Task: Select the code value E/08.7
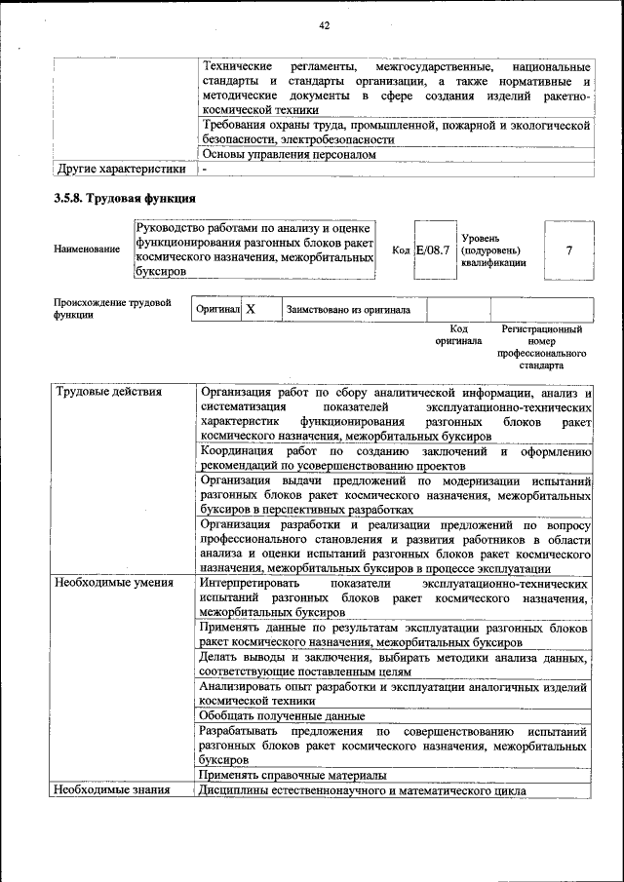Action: (432, 250)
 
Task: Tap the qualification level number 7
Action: (568, 250)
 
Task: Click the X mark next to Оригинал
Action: (251, 309)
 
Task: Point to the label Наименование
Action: (87, 250)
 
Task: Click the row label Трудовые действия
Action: (97, 393)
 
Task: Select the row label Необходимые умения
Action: (101, 583)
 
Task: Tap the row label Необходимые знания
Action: (100, 790)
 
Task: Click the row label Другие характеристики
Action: (121, 169)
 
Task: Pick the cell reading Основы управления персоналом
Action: (288, 154)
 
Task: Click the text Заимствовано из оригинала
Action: (348, 310)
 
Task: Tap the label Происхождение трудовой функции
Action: (105, 309)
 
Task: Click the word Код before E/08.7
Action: (401, 250)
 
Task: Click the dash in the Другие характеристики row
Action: (205, 169)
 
